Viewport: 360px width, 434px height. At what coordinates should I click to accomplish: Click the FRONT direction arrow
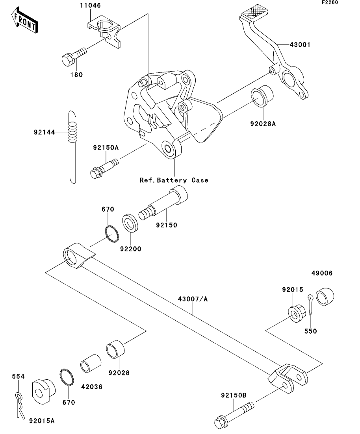point(25,20)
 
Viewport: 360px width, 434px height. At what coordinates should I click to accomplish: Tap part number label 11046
point(90,6)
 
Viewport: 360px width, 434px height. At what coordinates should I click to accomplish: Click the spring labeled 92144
point(72,147)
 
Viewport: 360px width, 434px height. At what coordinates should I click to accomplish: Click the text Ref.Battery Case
point(174,180)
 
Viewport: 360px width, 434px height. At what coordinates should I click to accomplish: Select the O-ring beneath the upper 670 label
point(112,234)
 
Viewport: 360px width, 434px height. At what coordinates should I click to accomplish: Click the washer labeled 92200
point(130,223)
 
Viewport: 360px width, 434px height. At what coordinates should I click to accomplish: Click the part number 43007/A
point(193,299)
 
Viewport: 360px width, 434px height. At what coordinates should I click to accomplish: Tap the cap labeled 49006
point(325,297)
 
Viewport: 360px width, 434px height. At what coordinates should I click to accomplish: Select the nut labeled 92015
point(297,313)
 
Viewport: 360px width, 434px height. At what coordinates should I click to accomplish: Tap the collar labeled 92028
point(115,349)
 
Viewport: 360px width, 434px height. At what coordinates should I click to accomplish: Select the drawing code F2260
point(330,2)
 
